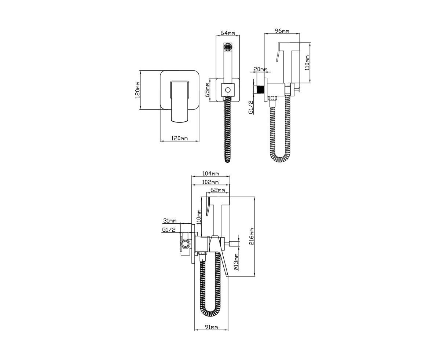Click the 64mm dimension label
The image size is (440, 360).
pyautogui.click(x=228, y=33)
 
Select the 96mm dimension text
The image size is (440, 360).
pyautogui.click(x=282, y=31)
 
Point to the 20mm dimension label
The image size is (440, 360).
pyautogui.click(x=260, y=69)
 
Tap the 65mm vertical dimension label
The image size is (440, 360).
pyautogui.click(x=208, y=90)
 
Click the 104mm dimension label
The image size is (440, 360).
pyautogui.click(x=210, y=173)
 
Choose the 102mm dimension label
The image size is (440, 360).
pyautogui.click(x=210, y=182)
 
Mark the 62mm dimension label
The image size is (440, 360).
pyautogui.click(x=217, y=190)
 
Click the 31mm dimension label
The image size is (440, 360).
pyautogui.click(x=170, y=220)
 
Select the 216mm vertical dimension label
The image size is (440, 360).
pyautogui.click(x=252, y=236)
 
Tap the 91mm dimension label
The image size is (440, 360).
pyautogui.click(x=211, y=327)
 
